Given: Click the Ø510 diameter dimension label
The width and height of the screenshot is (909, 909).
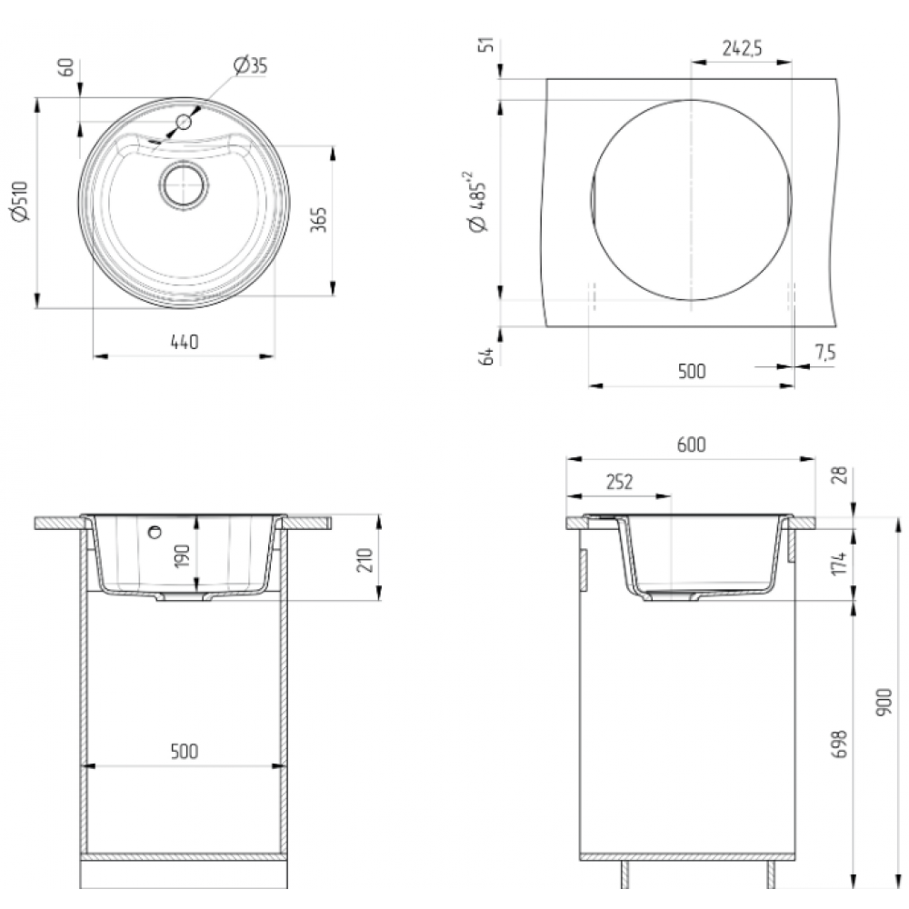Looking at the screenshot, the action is click(20, 201).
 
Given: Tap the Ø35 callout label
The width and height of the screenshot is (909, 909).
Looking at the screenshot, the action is click(251, 65).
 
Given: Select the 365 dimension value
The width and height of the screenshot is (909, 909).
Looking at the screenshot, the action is click(318, 219).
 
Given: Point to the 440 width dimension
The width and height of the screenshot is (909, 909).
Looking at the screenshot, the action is click(185, 342).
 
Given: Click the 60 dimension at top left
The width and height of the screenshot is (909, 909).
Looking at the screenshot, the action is click(66, 67).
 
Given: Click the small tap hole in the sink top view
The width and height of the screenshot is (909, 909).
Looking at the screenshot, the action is click(184, 122).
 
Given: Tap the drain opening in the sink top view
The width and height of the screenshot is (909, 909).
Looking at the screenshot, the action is click(184, 185).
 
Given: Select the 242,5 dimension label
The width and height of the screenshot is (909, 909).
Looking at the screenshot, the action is click(742, 48).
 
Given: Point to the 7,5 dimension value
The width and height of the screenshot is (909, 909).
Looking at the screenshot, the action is click(825, 351).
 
